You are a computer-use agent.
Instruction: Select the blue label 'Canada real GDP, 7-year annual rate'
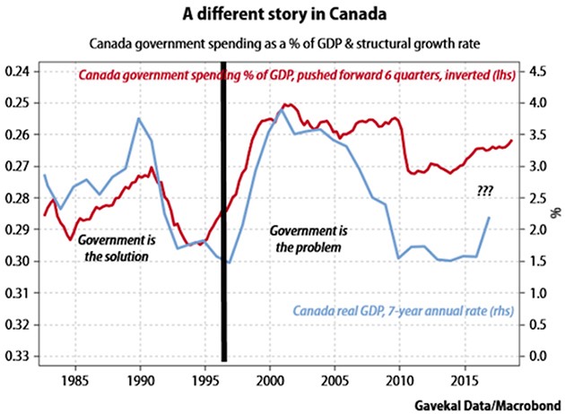tap(395, 311)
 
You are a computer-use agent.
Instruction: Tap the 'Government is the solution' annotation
tap(112, 248)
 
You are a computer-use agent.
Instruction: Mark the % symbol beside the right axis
tap(556, 213)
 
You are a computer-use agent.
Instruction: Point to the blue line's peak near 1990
tap(139, 118)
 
